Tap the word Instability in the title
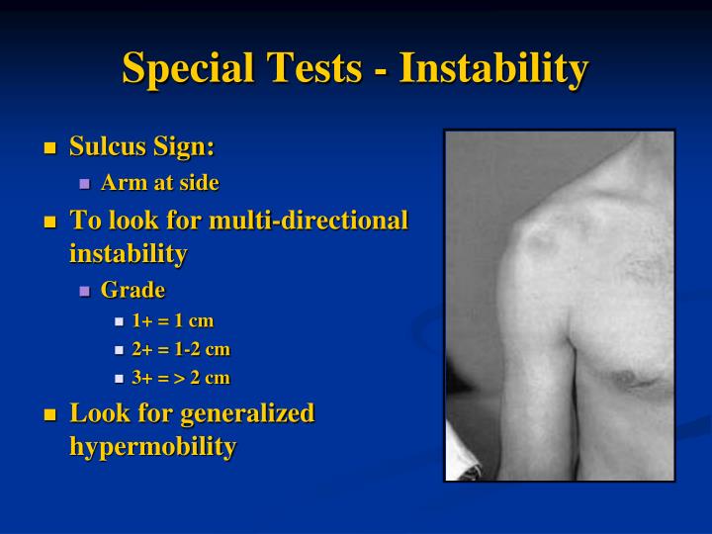[x=494, y=69]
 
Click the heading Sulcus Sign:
[x=141, y=147]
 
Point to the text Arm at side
[x=159, y=183]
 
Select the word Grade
[x=133, y=290]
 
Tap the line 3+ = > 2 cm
[x=181, y=378]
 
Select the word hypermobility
[x=152, y=446]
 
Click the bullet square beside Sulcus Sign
[x=50, y=149]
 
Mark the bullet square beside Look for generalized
[x=50, y=414]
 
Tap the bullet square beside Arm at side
[x=84, y=184]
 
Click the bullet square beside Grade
[x=84, y=291]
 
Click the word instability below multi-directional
[x=128, y=253]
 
